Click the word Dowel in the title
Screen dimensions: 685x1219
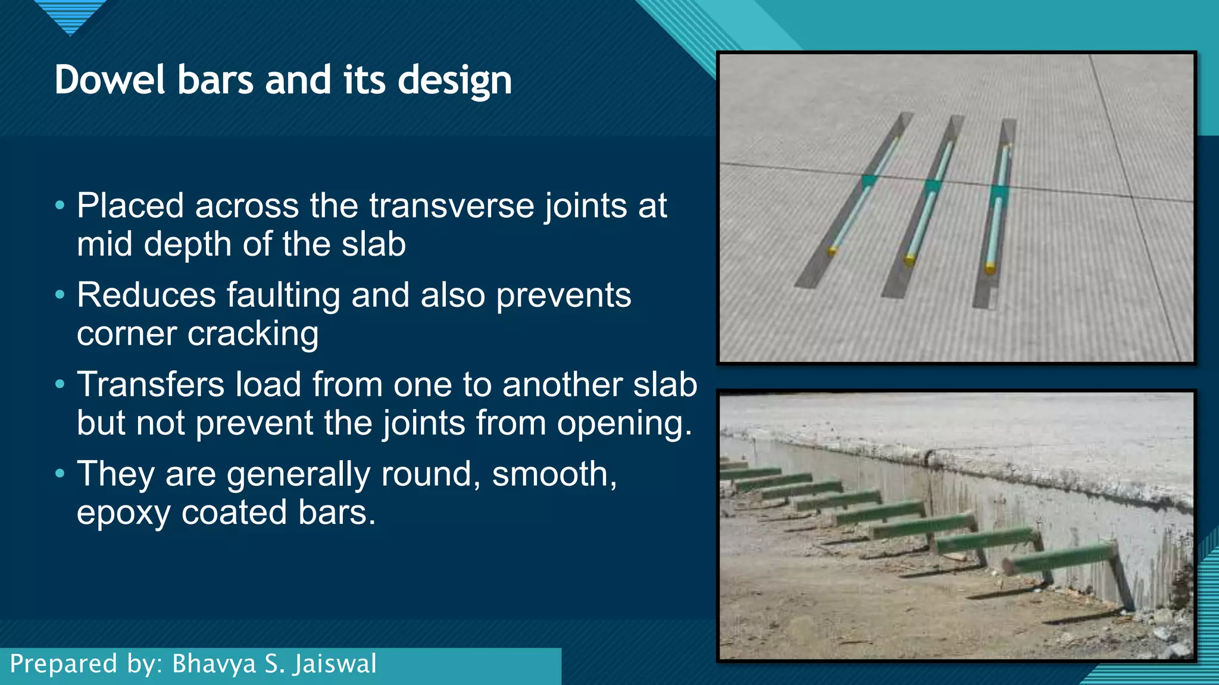(110, 80)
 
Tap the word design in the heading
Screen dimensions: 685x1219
(454, 80)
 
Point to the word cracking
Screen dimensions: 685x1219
(253, 334)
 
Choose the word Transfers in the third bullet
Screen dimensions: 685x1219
(151, 385)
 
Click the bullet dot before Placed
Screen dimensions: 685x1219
(60, 206)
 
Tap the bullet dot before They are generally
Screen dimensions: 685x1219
(60, 475)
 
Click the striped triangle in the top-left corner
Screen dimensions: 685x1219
(70, 15)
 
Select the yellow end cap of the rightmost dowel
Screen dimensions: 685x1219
(990, 269)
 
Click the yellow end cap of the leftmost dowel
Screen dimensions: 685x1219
(832, 252)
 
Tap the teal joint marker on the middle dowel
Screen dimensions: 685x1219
(933, 186)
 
